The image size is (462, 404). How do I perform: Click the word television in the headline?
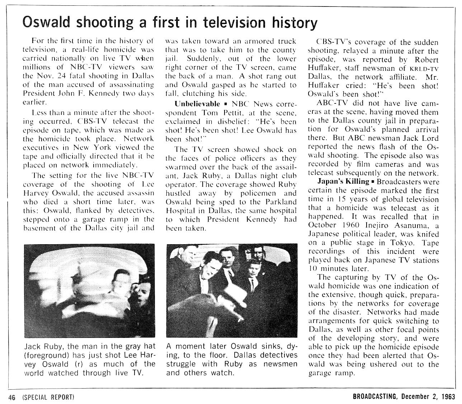(233, 22)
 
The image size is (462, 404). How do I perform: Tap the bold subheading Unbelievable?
(197, 104)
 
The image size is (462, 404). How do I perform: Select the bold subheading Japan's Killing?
(343, 182)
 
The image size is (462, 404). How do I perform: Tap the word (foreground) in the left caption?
(46, 356)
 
